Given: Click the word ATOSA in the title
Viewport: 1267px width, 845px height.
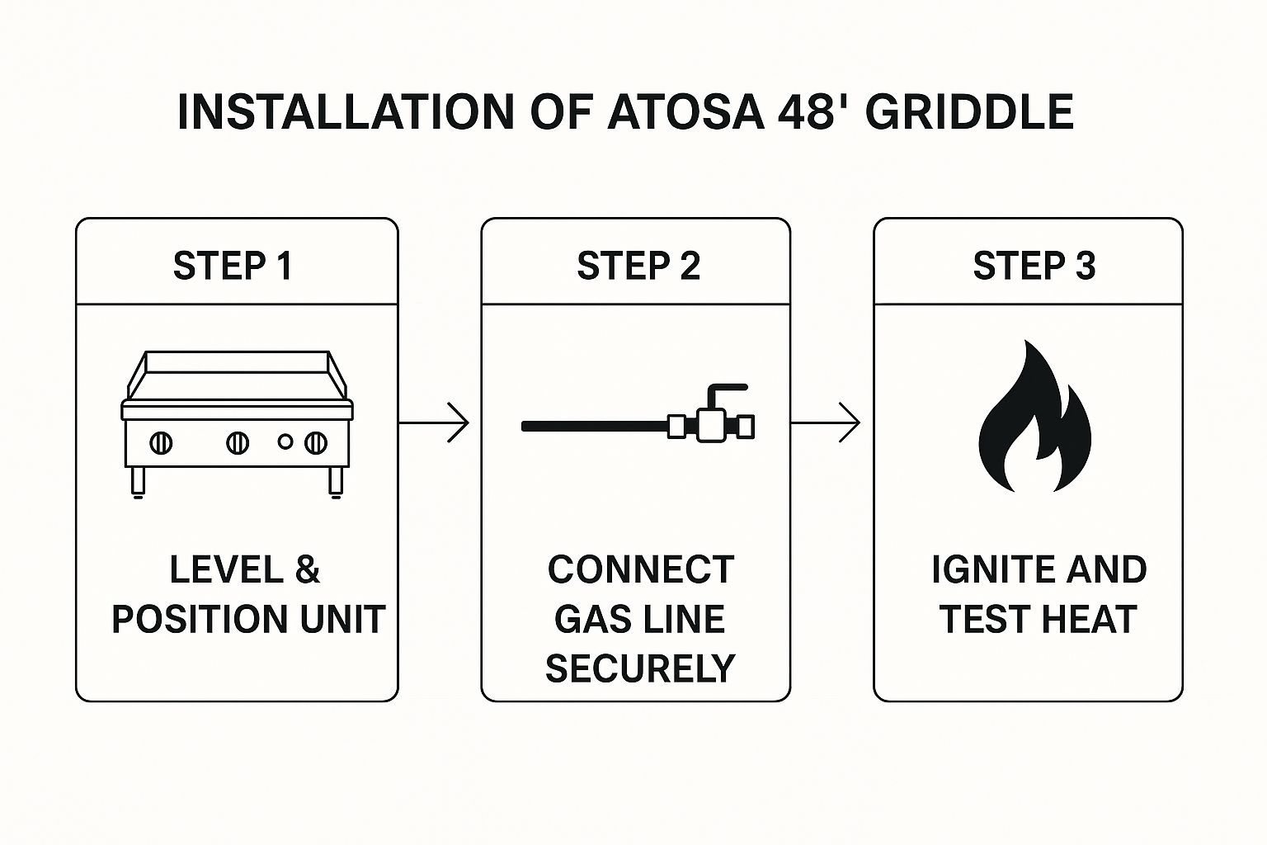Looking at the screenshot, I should (686, 112).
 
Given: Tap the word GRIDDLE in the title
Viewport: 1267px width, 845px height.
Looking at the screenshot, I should (969, 112).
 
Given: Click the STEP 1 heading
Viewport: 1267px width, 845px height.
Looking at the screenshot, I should (233, 266).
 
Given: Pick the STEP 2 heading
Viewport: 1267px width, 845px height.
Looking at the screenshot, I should (638, 266).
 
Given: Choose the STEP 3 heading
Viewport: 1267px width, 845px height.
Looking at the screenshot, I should (1034, 266).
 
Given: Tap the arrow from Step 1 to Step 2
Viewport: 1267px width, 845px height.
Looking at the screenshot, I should (435, 422).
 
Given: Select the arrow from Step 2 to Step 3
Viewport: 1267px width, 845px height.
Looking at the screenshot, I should (826, 422).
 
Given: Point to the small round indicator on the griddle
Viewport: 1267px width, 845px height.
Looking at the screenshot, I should (285, 442).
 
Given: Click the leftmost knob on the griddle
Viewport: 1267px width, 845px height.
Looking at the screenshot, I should (161, 443).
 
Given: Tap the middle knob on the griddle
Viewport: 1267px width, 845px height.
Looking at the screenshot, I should (238, 443).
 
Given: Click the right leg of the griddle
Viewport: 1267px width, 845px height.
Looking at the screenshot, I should (336, 482).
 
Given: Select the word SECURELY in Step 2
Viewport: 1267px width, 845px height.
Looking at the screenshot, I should (639, 668).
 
